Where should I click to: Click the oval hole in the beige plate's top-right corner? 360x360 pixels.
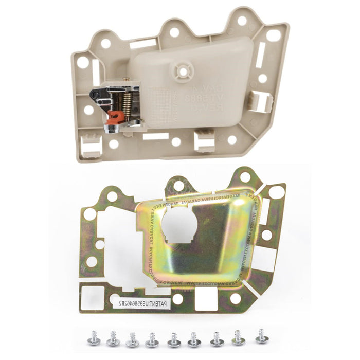(x=273, y=35)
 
